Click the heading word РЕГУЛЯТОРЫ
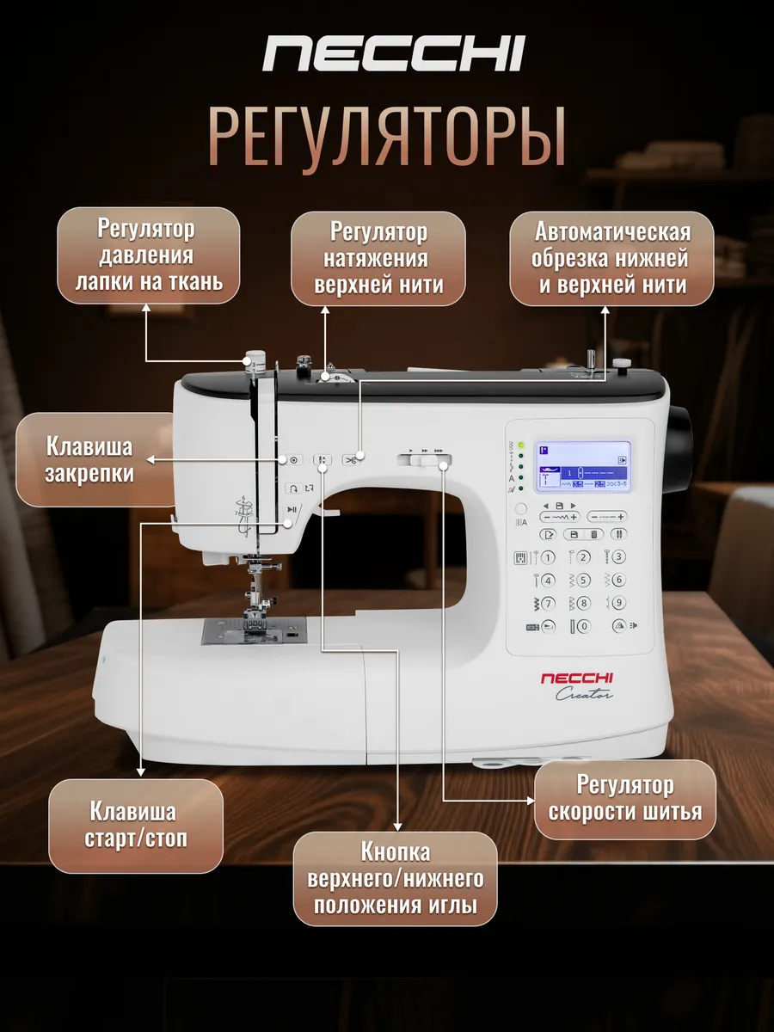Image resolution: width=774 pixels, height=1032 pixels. (387, 136)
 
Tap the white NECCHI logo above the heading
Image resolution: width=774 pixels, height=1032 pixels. (393, 53)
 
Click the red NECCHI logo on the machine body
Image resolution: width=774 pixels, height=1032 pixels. (577, 679)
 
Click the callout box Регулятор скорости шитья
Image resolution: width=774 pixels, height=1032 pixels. (625, 799)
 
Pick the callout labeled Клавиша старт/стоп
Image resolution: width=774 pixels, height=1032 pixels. (135, 826)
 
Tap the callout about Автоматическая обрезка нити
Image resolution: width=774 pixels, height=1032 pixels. (611, 258)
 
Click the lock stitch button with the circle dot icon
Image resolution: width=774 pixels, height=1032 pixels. (293, 460)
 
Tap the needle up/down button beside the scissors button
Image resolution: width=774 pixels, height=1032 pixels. (322, 460)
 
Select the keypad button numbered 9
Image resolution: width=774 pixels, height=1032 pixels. (618, 603)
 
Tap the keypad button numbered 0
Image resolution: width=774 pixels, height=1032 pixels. (584, 626)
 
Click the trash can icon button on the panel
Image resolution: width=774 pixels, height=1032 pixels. (593, 534)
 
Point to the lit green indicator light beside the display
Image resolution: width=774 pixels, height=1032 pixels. (521, 446)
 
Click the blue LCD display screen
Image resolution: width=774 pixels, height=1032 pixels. (583, 468)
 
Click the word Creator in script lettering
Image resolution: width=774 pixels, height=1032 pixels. (589, 695)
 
